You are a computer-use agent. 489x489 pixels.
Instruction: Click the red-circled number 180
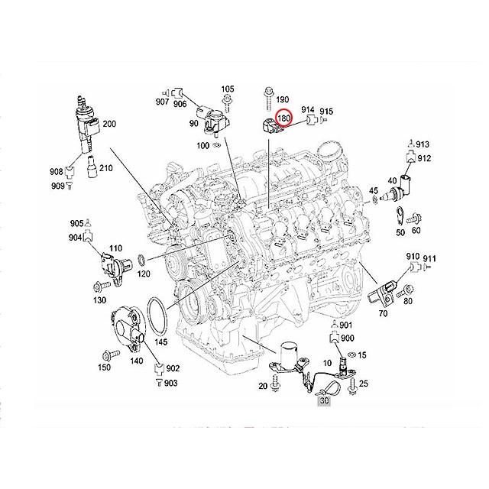[284, 118]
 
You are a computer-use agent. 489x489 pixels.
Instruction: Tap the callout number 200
[110, 125]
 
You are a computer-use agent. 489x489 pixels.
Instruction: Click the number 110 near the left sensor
[115, 249]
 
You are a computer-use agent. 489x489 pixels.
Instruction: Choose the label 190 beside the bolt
[282, 100]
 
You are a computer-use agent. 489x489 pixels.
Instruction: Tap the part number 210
[106, 169]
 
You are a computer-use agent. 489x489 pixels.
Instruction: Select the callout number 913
[423, 144]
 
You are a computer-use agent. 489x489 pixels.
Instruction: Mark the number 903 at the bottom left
[172, 382]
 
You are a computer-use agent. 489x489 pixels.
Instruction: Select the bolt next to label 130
[99, 288]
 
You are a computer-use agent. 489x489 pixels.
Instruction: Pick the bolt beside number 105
[226, 99]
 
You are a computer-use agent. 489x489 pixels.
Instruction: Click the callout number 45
[374, 190]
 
